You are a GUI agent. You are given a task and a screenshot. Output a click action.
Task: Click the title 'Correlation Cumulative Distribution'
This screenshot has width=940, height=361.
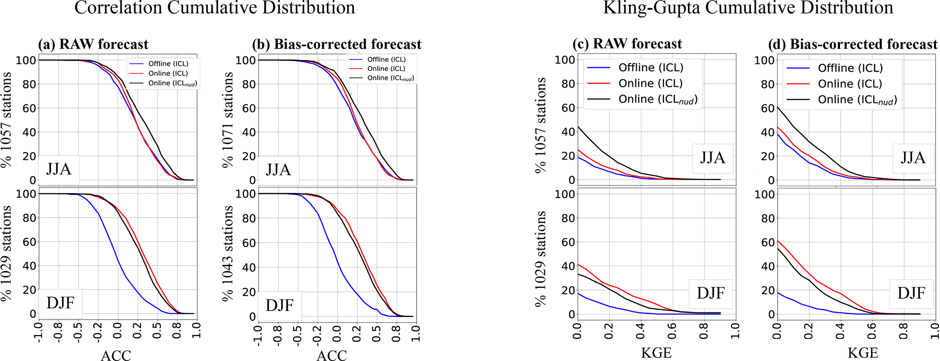(x=215, y=8)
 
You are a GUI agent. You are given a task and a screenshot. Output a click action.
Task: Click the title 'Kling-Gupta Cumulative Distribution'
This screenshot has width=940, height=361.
(x=748, y=8)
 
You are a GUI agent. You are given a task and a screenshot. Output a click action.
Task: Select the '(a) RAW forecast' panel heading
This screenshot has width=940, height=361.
(x=93, y=44)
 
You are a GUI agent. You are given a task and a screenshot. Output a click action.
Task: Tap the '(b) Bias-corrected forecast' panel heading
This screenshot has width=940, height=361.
(x=337, y=44)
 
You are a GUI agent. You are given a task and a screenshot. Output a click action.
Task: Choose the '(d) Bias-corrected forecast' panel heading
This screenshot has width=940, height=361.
(x=853, y=44)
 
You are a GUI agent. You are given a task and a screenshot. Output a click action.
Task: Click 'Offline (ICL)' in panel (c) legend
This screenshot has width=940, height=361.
(x=651, y=68)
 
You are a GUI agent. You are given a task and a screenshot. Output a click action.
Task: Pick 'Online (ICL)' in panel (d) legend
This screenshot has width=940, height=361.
(x=850, y=84)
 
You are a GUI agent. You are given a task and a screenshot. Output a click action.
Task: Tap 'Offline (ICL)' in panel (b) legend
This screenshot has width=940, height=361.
(x=386, y=59)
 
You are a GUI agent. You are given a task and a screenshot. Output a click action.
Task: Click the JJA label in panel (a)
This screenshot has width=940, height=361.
(x=59, y=169)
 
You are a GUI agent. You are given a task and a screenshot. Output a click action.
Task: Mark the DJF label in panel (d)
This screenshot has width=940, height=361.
(x=911, y=293)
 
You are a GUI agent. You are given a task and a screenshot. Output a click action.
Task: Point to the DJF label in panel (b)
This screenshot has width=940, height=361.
(x=279, y=304)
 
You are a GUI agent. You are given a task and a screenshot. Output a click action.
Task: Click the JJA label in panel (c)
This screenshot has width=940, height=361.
(x=712, y=158)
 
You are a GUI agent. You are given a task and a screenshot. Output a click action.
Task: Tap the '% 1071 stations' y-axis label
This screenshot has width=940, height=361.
(x=229, y=119)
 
